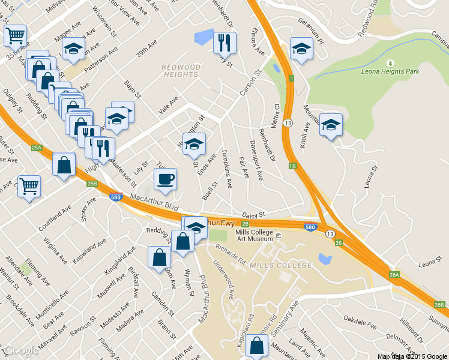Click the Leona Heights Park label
click(390, 71)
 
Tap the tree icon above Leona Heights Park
click(390, 62)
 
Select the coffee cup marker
click(166, 178)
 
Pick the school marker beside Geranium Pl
click(302, 48)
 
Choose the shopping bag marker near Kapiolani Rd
click(256, 346)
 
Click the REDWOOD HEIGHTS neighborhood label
click(181, 71)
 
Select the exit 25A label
click(37, 148)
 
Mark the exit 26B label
click(440, 305)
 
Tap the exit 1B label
click(293, 166)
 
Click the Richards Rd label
click(231, 254)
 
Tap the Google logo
click(21, 351)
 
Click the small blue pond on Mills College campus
click(325, 259)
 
